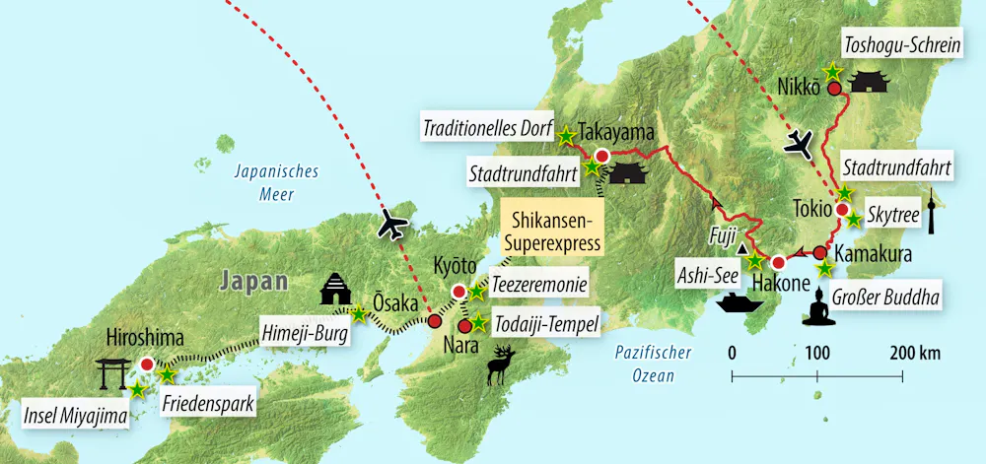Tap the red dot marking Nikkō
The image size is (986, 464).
[x=834, y=88]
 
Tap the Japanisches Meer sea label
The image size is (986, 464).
[x=276, y=182]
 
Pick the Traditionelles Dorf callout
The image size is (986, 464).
[x=487, y=128]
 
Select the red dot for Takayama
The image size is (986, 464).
[x=600, y=155]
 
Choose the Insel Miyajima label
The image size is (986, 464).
[x=77, y=417]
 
